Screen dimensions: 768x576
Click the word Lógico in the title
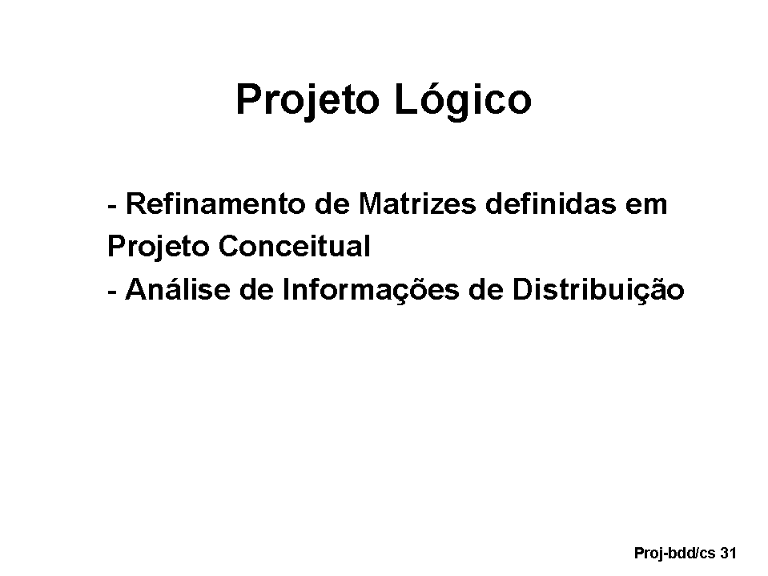tap(463, 99)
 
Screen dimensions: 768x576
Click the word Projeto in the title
tap(308, 100)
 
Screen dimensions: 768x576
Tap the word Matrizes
tap(416, 203)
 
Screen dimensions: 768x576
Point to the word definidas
tap(550, 203)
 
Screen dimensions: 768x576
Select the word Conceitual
tap(295, 246)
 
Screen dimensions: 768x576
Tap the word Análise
tap(178, 288)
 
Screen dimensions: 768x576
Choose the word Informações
tap(371, 289)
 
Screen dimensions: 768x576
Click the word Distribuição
tap(598, 289)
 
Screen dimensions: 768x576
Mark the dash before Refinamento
tap(112, 207)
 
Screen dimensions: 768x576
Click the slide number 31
tap(728, 553)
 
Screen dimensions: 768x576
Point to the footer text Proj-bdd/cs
tap(675, 554)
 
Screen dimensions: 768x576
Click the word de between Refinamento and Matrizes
tap(332, 203)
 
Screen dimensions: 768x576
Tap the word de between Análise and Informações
tap(256, 289)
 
